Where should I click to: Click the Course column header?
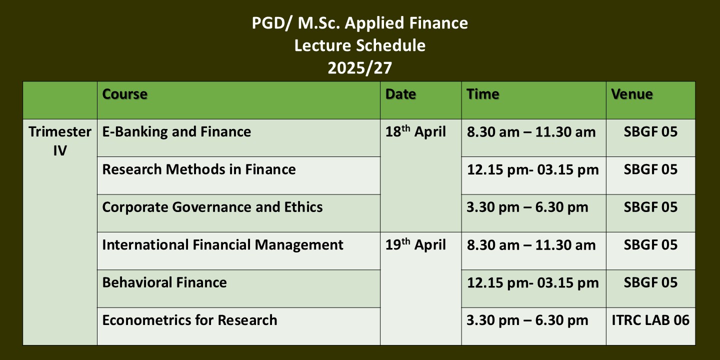124,94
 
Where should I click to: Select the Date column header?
400,94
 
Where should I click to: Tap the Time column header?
483,94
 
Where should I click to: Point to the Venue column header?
632,94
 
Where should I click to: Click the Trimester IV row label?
60,141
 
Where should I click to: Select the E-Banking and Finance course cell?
176,132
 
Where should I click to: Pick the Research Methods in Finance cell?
199,169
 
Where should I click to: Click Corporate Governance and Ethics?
212,207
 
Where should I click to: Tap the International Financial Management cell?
223,245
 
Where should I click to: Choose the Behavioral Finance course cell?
164,282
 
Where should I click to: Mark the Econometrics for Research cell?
189,320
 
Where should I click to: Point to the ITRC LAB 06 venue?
650,320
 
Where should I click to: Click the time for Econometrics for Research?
527,320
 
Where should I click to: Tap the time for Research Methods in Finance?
533,169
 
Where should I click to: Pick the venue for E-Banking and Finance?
650,132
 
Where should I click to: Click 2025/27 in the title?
360,68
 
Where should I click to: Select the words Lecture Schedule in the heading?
360,45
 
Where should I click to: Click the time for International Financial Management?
531,245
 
